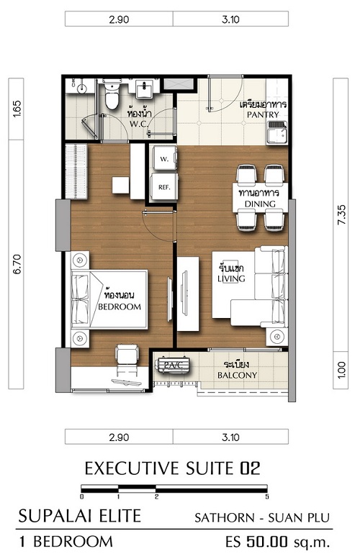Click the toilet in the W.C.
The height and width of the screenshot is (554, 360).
(x=112, y=96)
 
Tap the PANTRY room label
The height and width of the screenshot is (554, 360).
(x=263, y=114)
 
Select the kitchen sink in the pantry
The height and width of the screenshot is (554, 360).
(x=277, y=132)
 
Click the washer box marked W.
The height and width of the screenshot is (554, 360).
(x=164, y=158)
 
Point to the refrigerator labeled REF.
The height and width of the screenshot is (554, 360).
(x=164, y=187)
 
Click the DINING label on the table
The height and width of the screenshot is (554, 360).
(x=260, y=204)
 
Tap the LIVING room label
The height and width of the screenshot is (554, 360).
(x=231, y=278)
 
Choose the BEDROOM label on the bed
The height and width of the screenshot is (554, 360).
(x=120, y=306)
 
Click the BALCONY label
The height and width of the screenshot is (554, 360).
(x=237, y=376)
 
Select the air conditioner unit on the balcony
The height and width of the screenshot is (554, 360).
(x=173, y=365)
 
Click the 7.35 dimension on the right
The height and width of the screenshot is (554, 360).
(x=342, y=215)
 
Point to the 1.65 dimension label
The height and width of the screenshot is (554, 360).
(x=17, y=109)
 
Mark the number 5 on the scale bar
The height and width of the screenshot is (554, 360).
(x=266, y=496)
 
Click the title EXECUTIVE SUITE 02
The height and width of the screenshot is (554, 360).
(x=173, y=468)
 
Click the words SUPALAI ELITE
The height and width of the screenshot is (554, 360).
(x=80, y=516)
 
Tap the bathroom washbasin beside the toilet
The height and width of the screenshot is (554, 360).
(x=144, y=88)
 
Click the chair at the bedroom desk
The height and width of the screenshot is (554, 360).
(x=127, y=355)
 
